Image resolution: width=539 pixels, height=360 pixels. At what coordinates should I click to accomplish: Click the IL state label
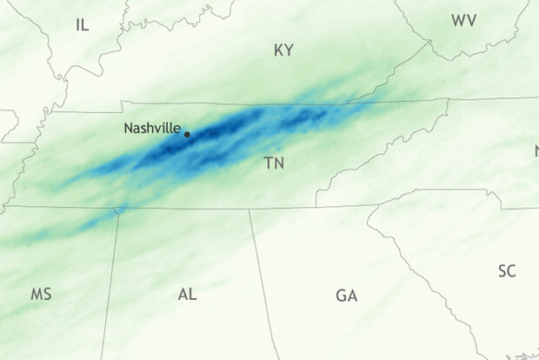click(83, 24)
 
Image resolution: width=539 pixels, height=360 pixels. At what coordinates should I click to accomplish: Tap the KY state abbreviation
click(283, 50)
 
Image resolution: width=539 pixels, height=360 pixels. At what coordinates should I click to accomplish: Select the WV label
click(463, 20)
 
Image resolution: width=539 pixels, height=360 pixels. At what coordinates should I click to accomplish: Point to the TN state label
click(275, 163)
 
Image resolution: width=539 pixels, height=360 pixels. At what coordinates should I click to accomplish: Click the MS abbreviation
click(41, 294)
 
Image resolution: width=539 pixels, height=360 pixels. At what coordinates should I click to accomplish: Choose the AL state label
click(187, 294)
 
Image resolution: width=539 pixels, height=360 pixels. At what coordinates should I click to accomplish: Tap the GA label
click(346, 296)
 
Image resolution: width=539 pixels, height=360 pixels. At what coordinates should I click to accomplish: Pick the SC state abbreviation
click(507, 271)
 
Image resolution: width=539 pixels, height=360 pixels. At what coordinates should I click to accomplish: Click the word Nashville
click(152, 128)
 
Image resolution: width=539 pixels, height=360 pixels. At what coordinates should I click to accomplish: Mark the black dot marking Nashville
click(187, 134)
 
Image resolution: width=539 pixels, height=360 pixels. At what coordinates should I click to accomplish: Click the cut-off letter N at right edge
click(536, 152)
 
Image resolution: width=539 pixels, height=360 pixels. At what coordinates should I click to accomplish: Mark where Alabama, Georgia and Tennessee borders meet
click(250, 209)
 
